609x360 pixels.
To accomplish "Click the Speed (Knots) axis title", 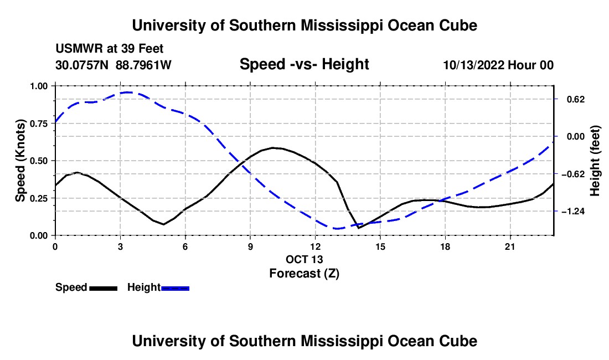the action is coord(20,161).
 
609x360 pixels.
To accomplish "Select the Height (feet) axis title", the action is coord(595,161).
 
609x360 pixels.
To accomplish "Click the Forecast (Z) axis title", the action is coord(304,274).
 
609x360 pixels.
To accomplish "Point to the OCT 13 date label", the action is coord(304,259).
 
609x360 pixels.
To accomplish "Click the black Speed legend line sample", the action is coord(104,289).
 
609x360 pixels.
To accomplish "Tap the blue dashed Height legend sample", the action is coord(175,289).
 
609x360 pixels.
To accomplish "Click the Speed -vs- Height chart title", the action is coord(304,64).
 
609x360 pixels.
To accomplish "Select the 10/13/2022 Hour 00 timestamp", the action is coord(498,65).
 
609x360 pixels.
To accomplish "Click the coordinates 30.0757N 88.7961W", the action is coord(113,65).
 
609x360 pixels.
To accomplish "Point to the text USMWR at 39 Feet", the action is coord(109,49).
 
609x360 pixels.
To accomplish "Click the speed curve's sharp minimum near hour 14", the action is coord(359,228).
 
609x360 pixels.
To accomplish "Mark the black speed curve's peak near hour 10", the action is coord(273,147).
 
